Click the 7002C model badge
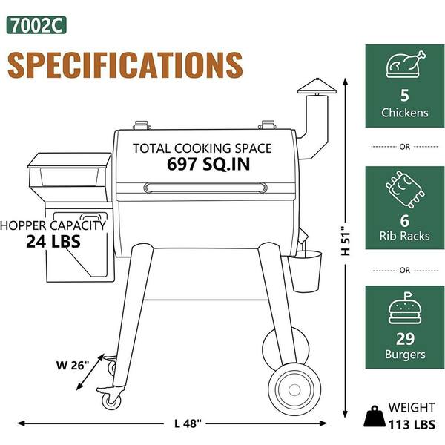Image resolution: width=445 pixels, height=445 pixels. (36, 25)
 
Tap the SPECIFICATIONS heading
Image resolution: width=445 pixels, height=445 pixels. (125, 65)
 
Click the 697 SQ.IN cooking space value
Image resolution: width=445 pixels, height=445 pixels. (208, 164)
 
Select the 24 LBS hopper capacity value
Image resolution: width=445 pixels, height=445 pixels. (53, 242)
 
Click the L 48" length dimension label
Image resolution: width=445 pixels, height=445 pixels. (188, 424)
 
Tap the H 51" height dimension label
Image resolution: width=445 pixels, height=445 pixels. (346, 241)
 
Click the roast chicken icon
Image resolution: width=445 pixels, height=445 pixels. (405, 64)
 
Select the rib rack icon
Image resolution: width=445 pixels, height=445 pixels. (405, 189)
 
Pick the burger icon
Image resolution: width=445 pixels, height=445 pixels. (405, 309)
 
